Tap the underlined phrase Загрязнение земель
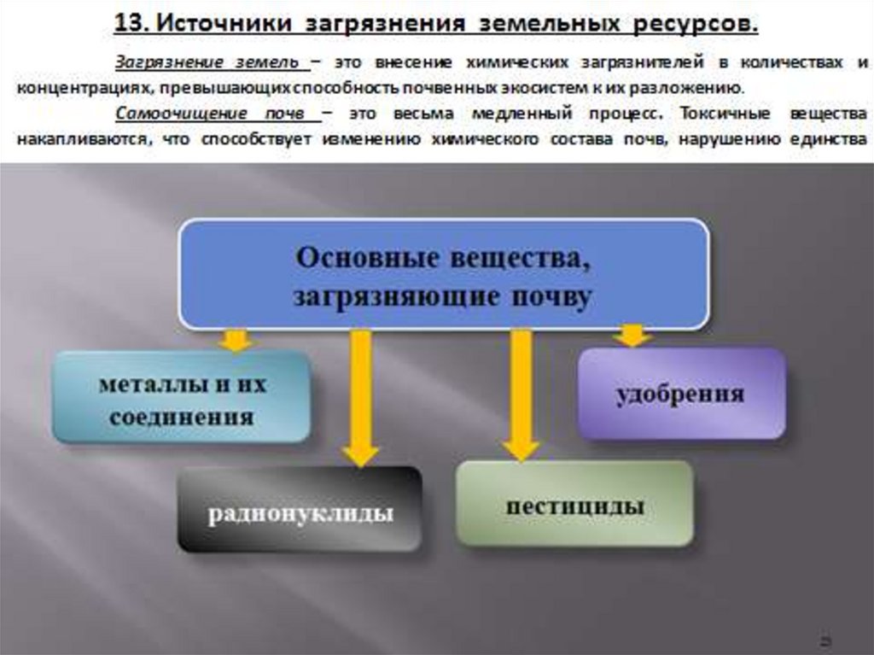pos(207,63)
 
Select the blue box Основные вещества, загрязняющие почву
pos(443,273)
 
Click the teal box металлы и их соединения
pos(181,397)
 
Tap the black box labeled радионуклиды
pos(300,510)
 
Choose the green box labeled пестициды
pos(574,504)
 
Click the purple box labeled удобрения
pos(681,394)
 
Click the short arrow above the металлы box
pos(235,341)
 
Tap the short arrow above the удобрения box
pos(632,336)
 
